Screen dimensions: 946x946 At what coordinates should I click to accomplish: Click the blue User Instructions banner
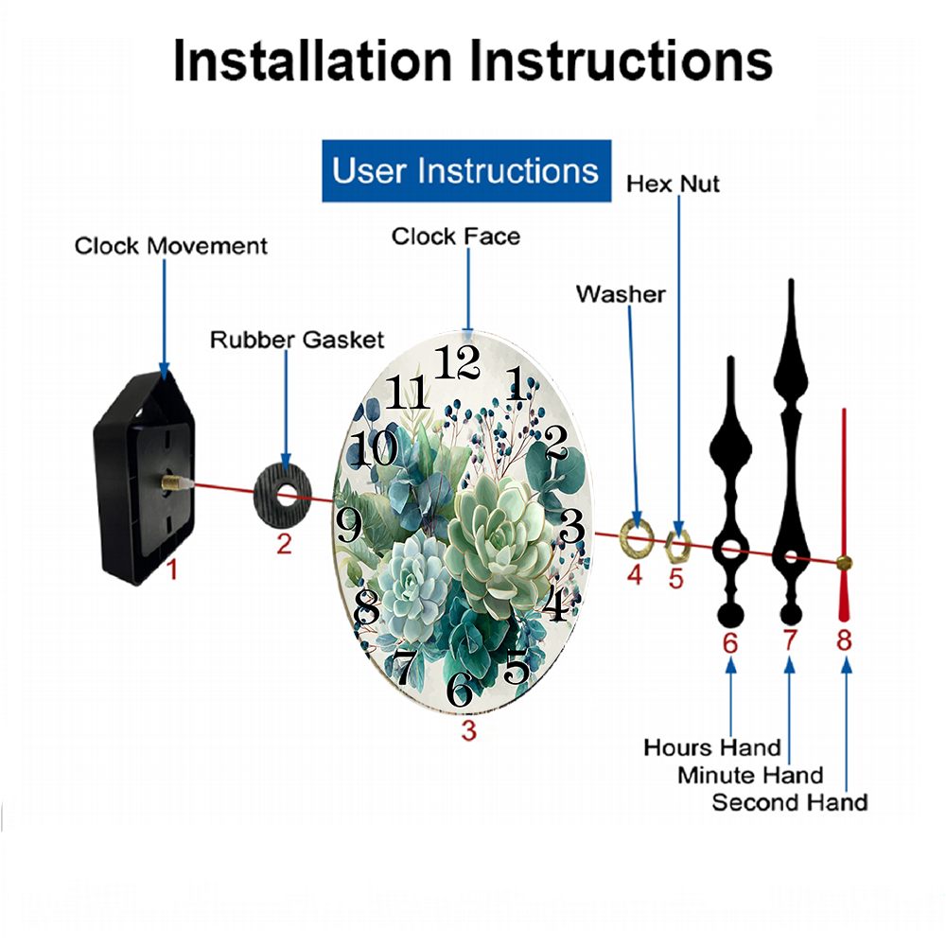point(466,170)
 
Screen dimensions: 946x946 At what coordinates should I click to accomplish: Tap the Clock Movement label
point(170,246)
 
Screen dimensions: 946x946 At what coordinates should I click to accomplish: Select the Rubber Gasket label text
point(297,340)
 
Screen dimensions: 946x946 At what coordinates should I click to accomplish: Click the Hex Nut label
point(673,184)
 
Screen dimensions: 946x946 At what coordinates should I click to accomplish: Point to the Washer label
point(621,294)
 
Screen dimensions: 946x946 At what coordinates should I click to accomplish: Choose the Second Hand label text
point(790,802)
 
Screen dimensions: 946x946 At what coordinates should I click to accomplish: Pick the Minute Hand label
point(750,775)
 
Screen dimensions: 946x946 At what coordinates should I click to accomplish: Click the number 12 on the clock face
point(457,362)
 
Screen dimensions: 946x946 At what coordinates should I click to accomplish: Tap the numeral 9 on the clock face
point(349,524)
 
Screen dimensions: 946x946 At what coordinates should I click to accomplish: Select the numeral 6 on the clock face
point(460,689)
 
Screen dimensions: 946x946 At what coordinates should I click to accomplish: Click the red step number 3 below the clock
point(469,730)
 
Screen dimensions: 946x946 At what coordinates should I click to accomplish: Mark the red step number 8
point(844,640)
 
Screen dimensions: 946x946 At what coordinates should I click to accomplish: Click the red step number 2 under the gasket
point(284,544)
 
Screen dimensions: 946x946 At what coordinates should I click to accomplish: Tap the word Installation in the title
point(312,61)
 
